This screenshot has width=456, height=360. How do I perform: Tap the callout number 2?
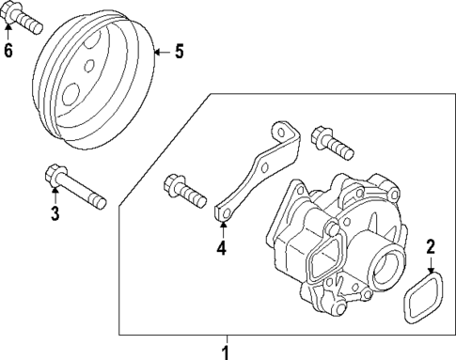coord(430,248)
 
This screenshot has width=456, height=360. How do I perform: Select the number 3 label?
coord(55,215)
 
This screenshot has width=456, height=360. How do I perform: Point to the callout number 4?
coord(222,249)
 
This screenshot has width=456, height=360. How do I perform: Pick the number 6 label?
coord(8,50)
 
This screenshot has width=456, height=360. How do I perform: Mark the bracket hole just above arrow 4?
coord(224,222)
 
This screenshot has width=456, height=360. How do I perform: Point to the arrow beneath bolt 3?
coord(55,197)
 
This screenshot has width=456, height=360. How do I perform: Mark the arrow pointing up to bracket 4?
coord(222,233)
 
